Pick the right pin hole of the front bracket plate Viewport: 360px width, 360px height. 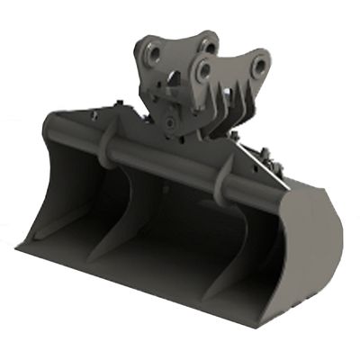pyautogui.click(x=260, y=65)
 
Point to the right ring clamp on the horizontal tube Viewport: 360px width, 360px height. pyautogui.click(x=220, y=176)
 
